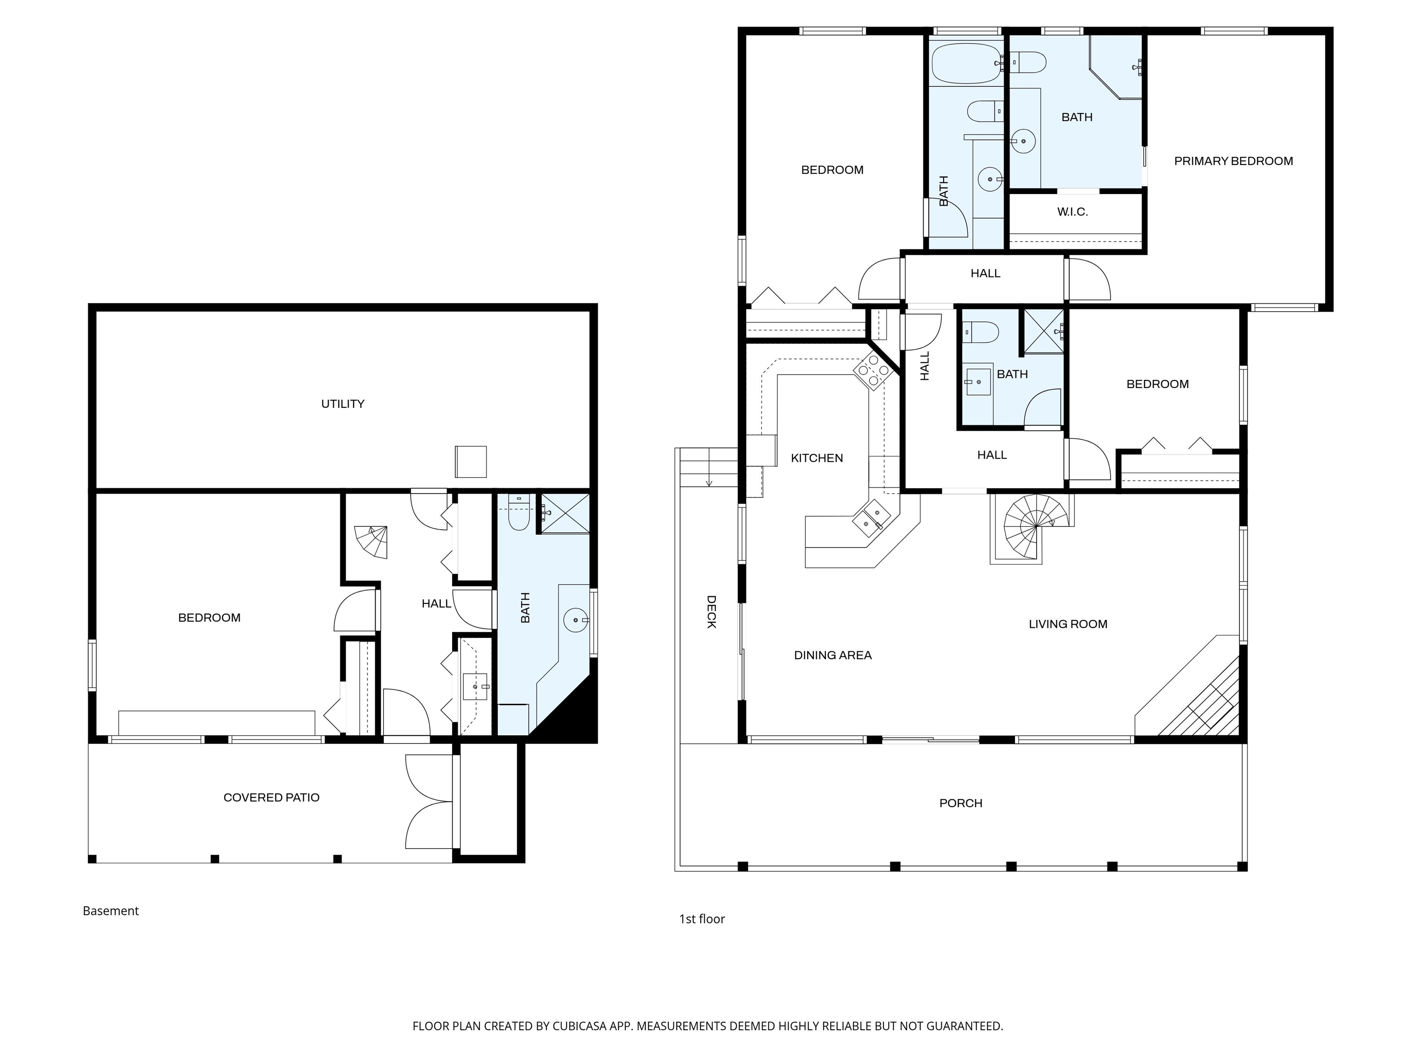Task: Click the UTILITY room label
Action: (342, 404)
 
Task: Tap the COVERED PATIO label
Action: (271, 797)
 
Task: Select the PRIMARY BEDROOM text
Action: (1233, 161)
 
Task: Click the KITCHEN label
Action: (817, 458)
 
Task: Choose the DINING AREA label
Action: (833, 655)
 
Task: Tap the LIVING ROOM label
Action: (1068, 624)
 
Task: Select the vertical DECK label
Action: (711, 612)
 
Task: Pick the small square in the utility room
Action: (471, 461)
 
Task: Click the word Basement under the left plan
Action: (111, 911)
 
